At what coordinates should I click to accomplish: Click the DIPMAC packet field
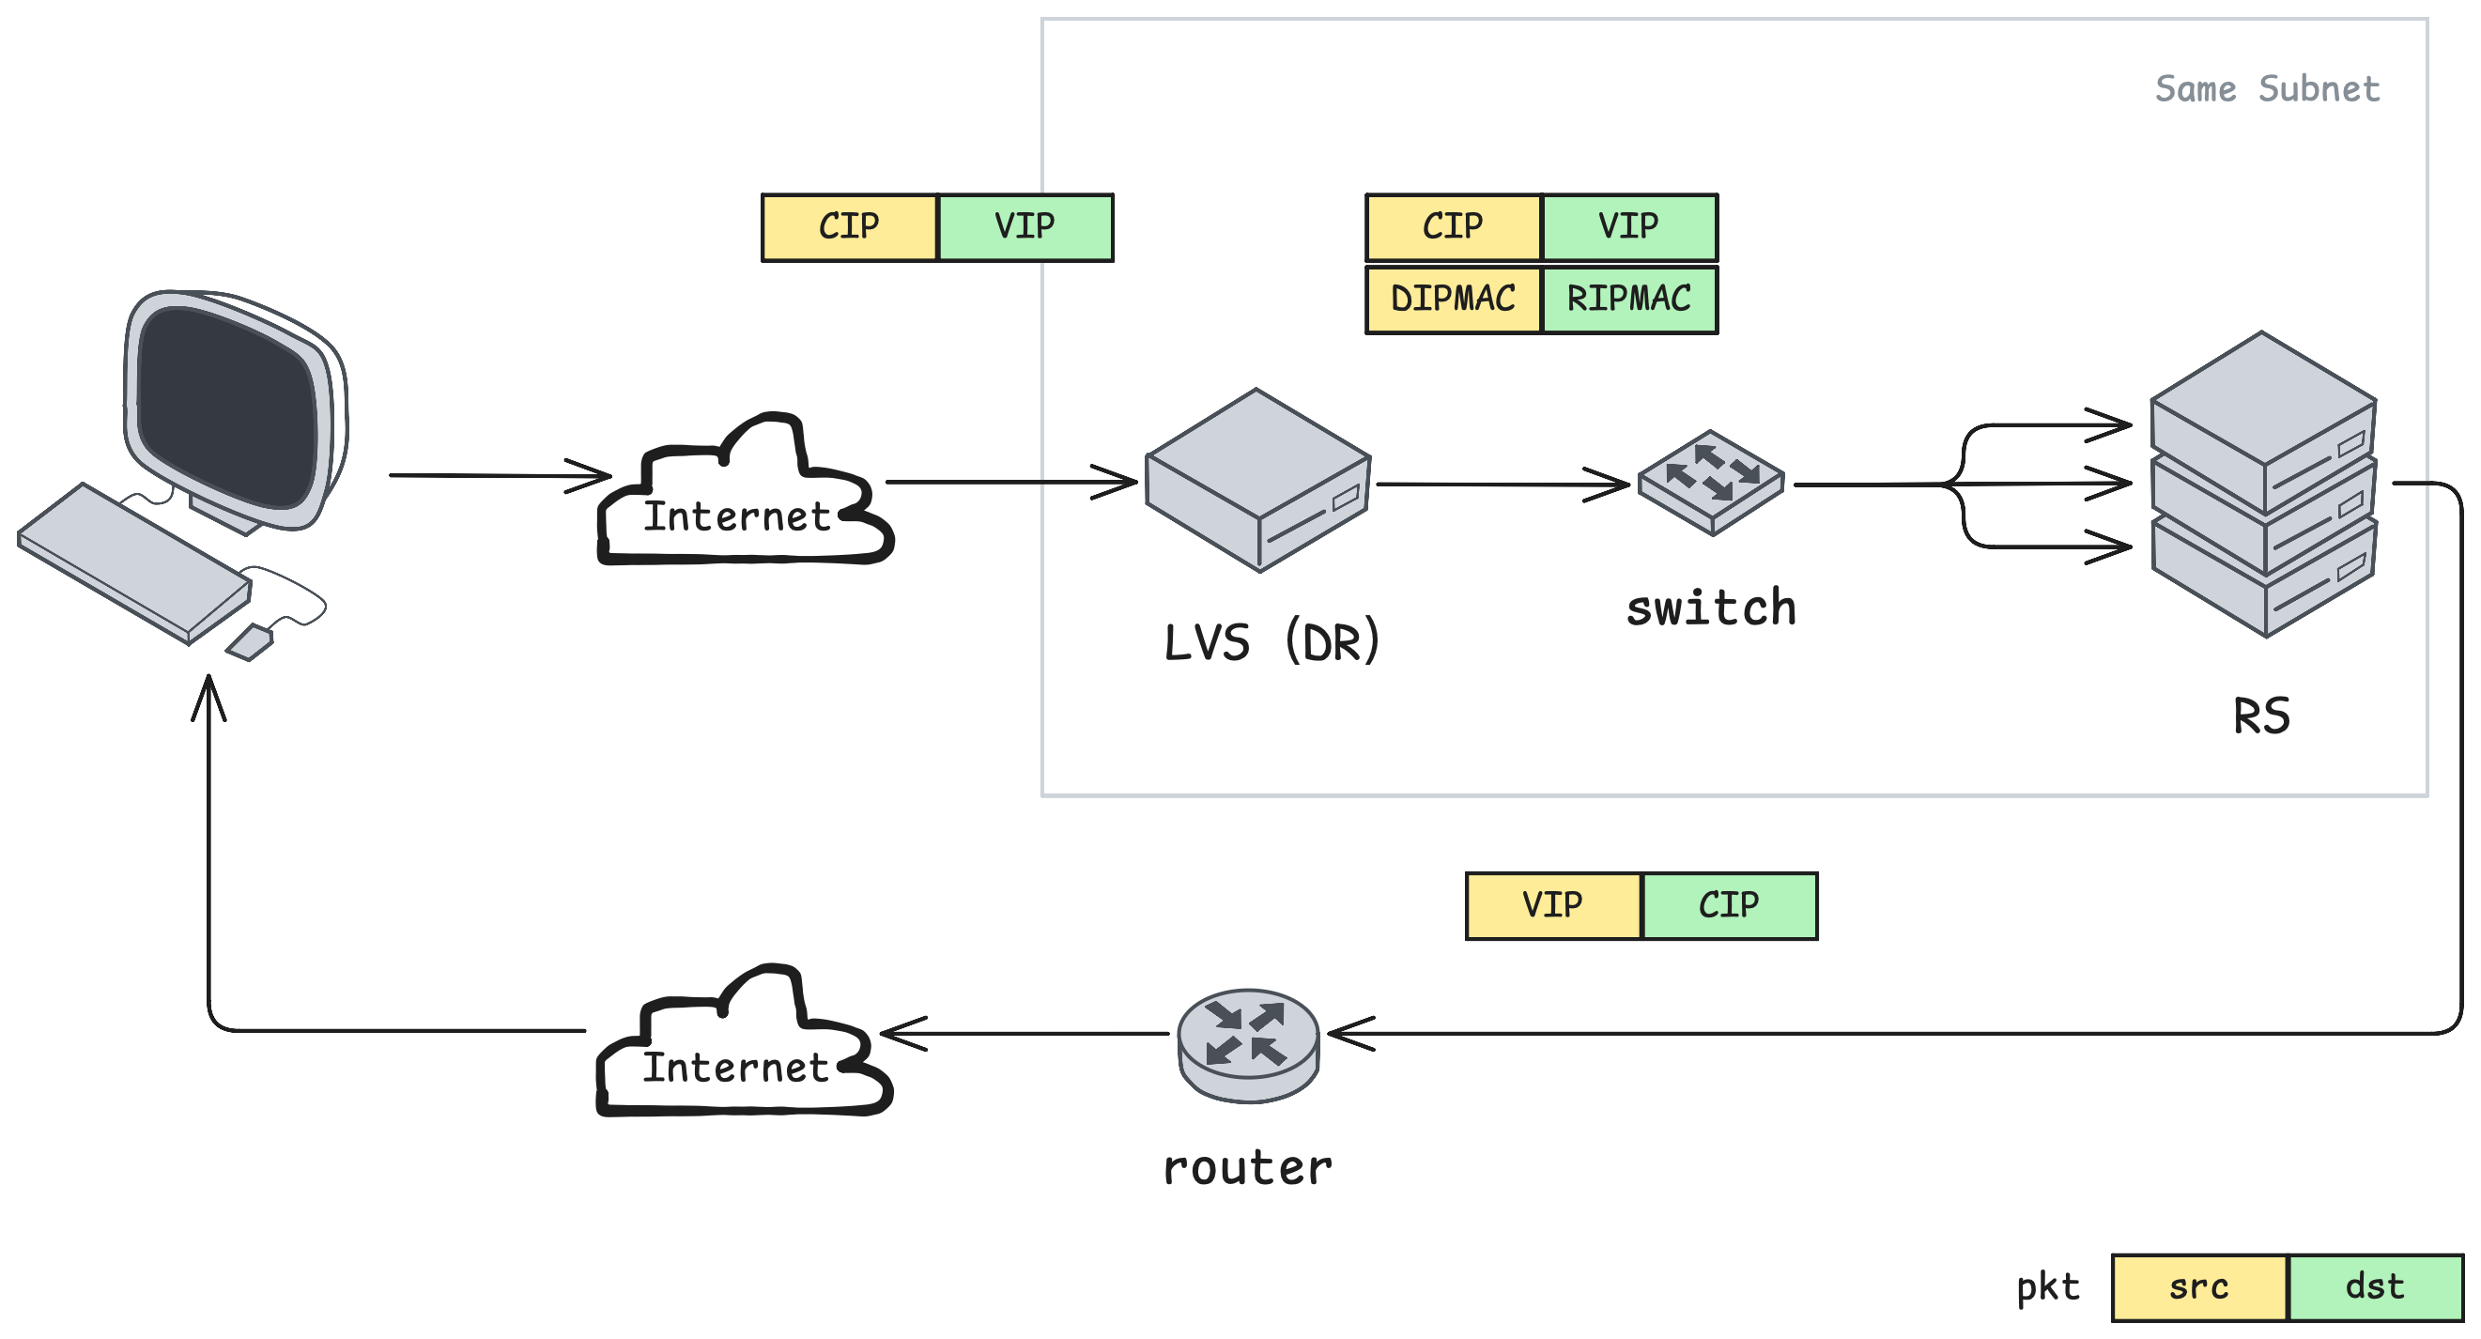click(1454, 299)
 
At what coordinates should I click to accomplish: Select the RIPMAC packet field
click(1629, 299)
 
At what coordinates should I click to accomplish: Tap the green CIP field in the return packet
click(1730, 905)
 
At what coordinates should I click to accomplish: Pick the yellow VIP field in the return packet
click(1553, 905)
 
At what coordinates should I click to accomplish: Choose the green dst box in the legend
click(2376, 1288)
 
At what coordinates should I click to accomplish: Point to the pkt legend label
click(2048, 1288)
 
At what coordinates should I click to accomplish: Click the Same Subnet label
click(2267, 88)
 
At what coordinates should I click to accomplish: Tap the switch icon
click(1712, 482)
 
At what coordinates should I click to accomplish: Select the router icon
click(1248, 1045)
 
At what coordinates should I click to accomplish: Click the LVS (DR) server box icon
click(1257, 480)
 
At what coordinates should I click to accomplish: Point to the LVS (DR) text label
click(1272, 641)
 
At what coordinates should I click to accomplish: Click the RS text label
click(2261, 716)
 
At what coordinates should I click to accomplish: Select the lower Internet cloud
click(745, 1040)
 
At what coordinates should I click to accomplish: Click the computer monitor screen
click(228, 408)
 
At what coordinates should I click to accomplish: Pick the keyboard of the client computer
click(135, 562)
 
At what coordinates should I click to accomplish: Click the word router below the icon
click(1248, 1168)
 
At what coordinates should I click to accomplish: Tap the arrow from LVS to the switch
click(1502, 485)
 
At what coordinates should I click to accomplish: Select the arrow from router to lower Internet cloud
click(1025, 1034)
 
